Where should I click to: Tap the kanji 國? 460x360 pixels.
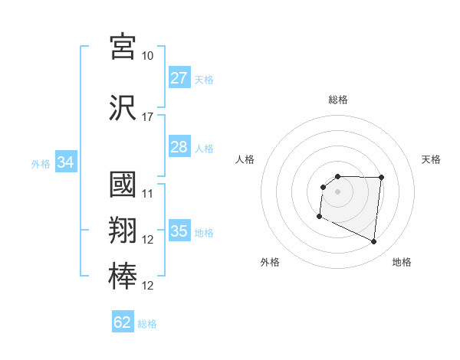(123, 185)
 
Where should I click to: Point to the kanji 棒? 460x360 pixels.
(123, 277)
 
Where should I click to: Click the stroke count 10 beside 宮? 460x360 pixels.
(147, 56)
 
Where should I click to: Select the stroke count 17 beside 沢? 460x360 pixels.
(147, 117)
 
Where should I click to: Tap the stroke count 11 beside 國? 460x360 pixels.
(147, 193)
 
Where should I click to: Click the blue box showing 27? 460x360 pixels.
(179, 78)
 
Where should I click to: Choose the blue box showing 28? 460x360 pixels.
(179, 147)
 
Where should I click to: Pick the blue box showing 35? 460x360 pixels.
(179, 231)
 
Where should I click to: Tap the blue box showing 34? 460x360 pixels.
(65, 162)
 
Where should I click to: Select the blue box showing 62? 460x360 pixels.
(123, 322)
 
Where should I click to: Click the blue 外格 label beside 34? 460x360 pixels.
(40, 163)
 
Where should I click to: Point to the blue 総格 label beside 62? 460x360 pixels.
(147, 324)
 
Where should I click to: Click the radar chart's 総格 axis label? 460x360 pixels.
(337, 100)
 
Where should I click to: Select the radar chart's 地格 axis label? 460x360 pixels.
(402, 262)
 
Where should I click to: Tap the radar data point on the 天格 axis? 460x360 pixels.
(381, 178)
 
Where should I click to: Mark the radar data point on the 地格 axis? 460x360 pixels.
(374, 242)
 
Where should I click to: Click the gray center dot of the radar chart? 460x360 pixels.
(337, 191)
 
